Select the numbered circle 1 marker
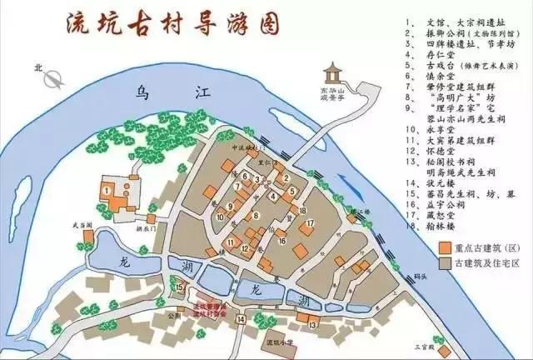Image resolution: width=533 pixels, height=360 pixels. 107,190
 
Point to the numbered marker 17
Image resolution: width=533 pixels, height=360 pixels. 309,222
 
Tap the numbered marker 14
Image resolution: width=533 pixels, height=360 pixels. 240,318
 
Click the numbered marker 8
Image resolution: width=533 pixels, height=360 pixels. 243,176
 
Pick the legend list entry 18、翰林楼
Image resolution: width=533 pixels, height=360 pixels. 441,223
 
